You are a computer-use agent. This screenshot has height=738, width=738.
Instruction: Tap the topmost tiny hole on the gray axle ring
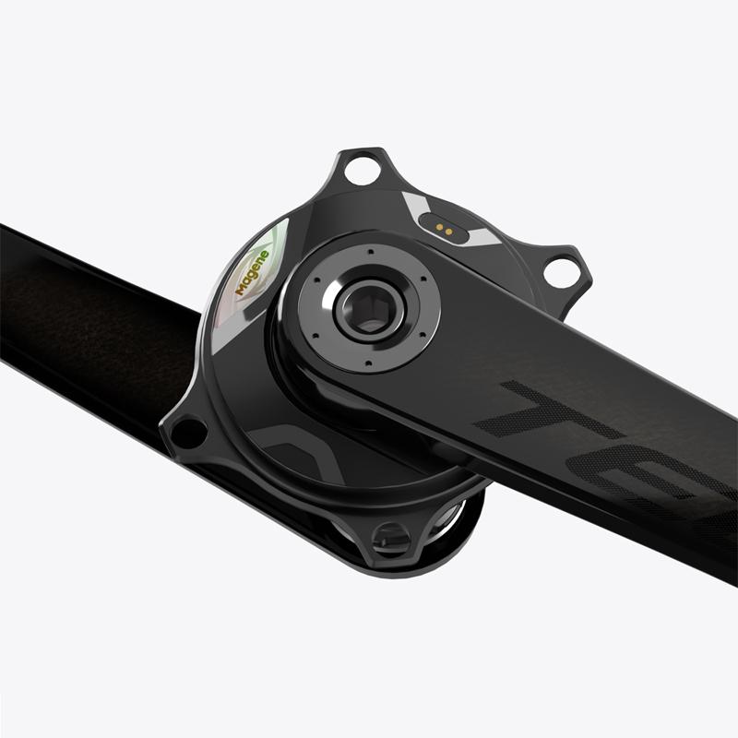point(369,250)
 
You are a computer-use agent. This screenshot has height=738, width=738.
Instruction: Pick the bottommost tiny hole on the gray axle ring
point(366,367)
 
